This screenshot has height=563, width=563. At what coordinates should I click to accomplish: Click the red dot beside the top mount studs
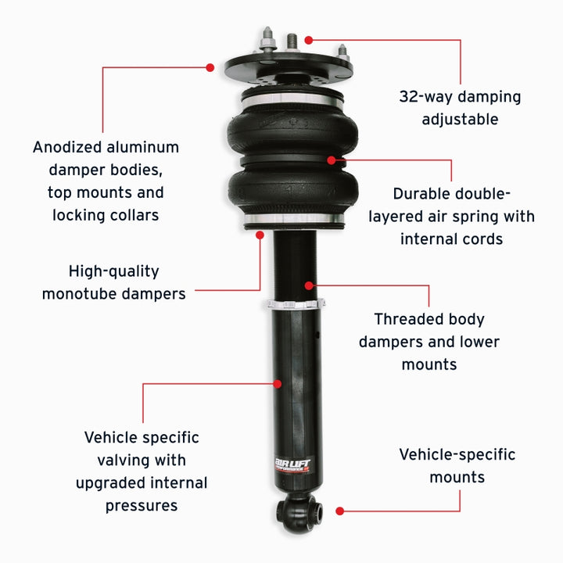click(309, 39)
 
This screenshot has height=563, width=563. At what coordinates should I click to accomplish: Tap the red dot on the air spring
click(332, 160)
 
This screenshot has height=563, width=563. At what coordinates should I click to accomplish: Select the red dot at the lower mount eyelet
click(339, 511)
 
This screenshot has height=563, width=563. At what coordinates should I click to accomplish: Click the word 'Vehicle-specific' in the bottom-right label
click(457, 454)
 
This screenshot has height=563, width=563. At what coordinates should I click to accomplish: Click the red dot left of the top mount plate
click(210, 67)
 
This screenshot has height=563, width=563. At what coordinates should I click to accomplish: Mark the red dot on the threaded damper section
click(310, 285)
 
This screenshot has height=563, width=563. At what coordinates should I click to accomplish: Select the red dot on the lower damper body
click(278, 383)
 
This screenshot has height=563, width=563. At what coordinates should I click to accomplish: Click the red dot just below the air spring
click(260, 232)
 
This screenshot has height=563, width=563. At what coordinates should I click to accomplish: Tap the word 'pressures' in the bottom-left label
click(142, 505)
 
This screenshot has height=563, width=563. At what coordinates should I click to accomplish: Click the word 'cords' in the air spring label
click(482, 238)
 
